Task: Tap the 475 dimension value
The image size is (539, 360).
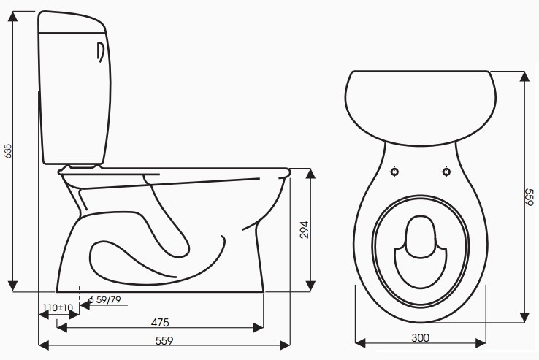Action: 161,322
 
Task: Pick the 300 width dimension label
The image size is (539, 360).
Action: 420,337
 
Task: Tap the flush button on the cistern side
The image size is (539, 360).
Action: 101,54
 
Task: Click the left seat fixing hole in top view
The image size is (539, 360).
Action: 394,172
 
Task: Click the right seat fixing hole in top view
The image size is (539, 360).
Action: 446,172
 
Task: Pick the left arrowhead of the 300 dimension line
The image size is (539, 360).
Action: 358,342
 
